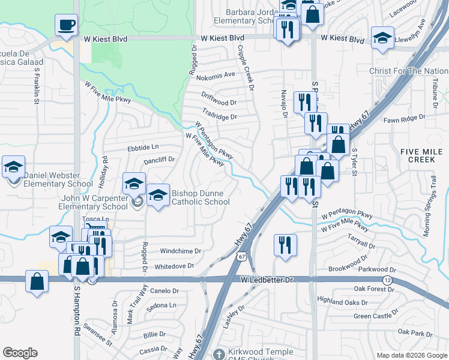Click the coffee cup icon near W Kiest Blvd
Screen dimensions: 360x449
point(66,26)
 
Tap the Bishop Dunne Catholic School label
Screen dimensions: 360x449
point(200,197)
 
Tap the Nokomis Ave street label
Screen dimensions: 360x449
point(219,75)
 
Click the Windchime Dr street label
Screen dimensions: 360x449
point(181,251)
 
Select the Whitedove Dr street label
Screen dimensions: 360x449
point(175,266)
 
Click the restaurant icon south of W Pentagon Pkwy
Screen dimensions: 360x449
point(285,245)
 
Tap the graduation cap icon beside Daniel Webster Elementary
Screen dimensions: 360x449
point(13,167)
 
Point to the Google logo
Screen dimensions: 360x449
point(20,353)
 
